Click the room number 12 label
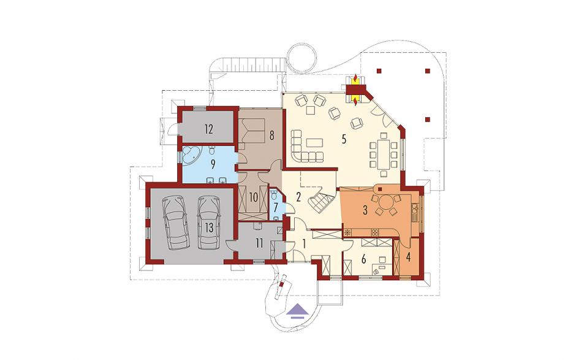[x=209, y=129]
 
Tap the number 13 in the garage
[x=209, y=228]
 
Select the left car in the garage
[x=176, y=223]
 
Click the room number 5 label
[x=344, y=139]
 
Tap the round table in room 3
[x=385, y=202]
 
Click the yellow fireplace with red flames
[x=355, y=91]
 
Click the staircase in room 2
[x=320, y=202]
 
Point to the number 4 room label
[x=408, y=257]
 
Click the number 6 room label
[x=363, y=259]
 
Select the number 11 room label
[x=259, y=243]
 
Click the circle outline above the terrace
[x=301, y=58]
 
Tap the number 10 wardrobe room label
[x=254, y=198]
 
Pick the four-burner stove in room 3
[x=375, y=232]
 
